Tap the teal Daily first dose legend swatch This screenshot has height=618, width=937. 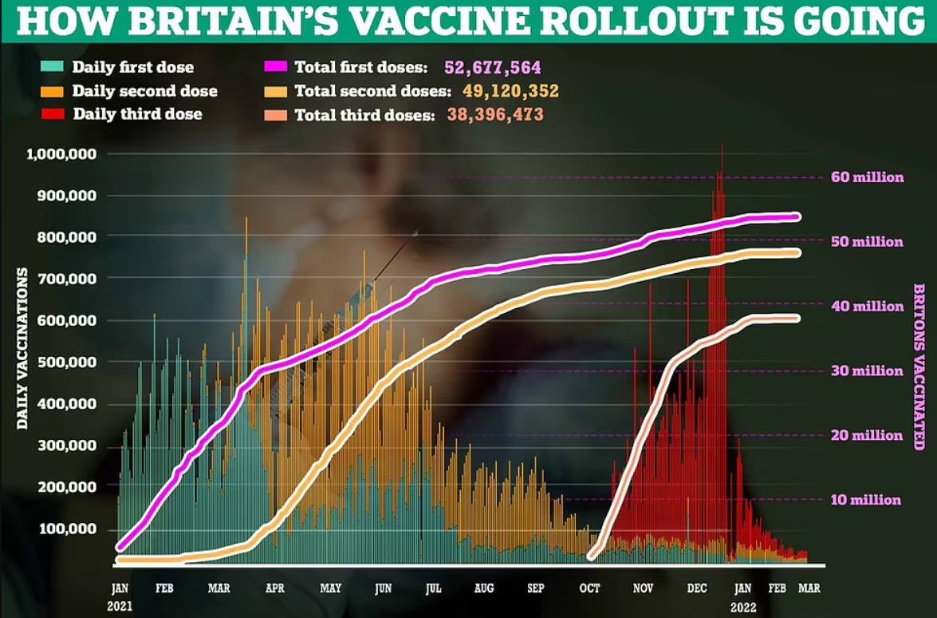53,67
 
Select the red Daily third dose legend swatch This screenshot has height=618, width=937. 53,114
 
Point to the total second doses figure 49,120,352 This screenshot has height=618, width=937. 510,91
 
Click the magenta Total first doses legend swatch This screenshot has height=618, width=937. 274,67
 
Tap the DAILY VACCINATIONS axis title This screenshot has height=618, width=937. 22,348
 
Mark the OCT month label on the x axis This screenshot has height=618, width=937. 589,588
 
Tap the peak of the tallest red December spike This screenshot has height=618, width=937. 722,146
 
